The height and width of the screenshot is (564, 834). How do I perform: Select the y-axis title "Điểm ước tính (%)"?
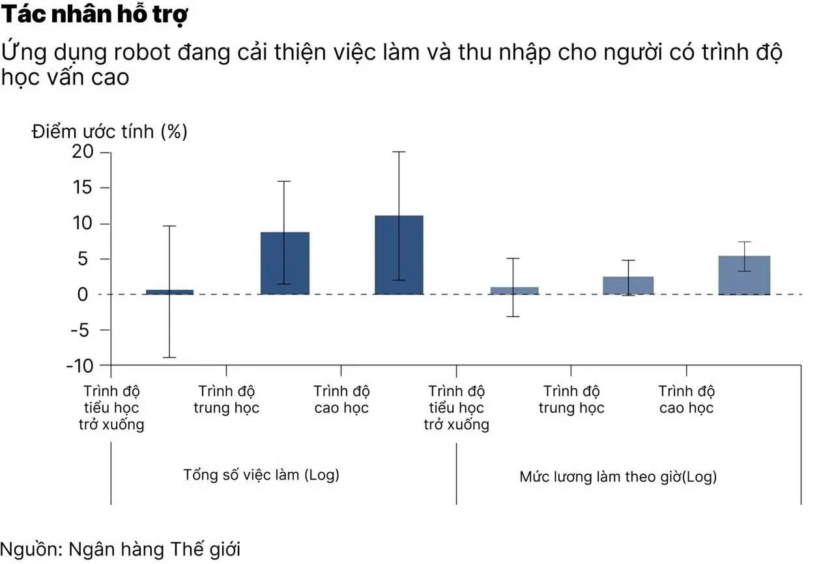[109, 132]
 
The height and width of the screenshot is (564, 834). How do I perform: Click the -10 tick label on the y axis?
[80, 365]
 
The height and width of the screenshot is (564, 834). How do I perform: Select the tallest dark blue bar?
[399, 255]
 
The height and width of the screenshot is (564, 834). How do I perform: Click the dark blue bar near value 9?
[285, 263]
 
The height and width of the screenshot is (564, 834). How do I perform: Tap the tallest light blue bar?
[744, 275]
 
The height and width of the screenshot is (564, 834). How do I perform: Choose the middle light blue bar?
[628, 285]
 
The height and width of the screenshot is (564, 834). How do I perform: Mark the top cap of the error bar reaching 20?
[399, 152]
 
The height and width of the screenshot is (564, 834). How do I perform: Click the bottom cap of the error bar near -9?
[169, 358]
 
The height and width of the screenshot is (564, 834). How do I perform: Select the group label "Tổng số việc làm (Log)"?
[261, 475]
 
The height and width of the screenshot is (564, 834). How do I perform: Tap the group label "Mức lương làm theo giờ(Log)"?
[618, 477]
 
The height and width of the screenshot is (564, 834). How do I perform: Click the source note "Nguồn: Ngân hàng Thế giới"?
[120, 548]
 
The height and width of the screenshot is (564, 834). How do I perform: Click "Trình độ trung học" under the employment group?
[227, 400]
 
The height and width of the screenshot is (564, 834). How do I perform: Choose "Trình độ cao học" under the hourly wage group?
[686, 400]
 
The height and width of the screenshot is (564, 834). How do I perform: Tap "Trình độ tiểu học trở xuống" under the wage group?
[456, 408]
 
